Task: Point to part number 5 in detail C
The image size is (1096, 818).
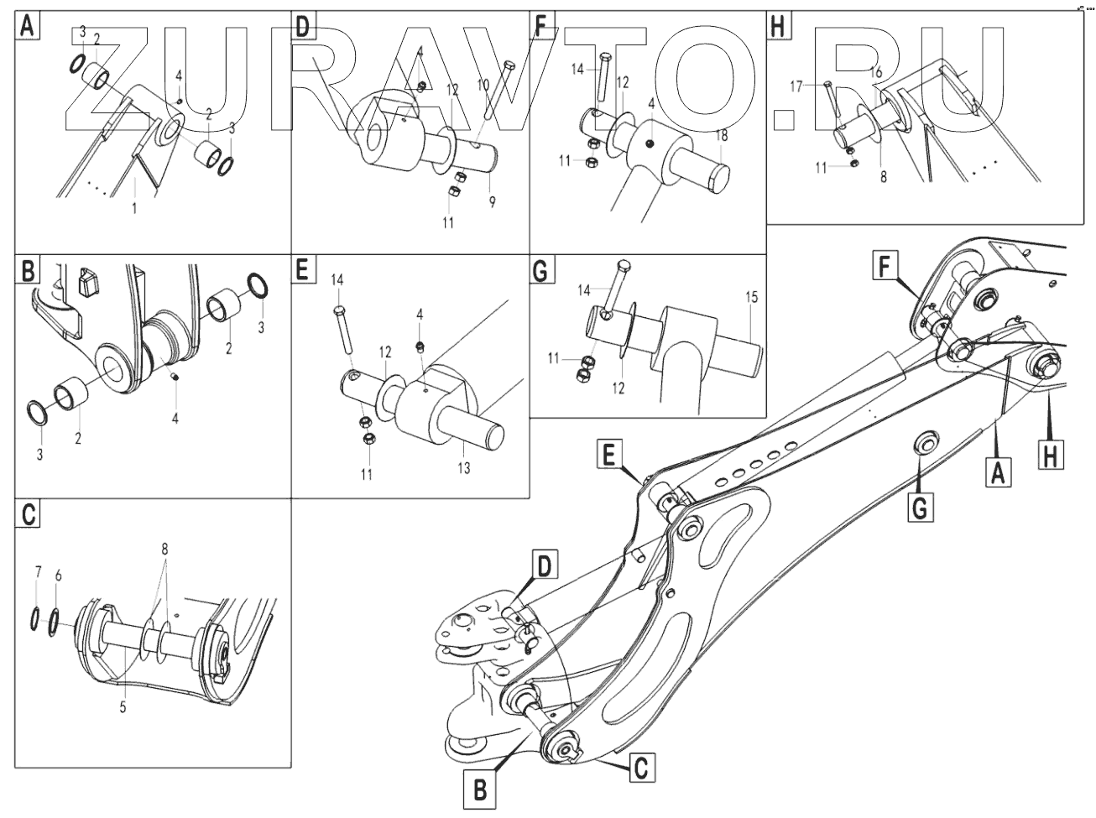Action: [x=123, y=707]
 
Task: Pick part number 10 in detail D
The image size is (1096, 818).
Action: [x=483, y=85]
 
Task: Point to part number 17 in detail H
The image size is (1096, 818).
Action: [x=797, y=85]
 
